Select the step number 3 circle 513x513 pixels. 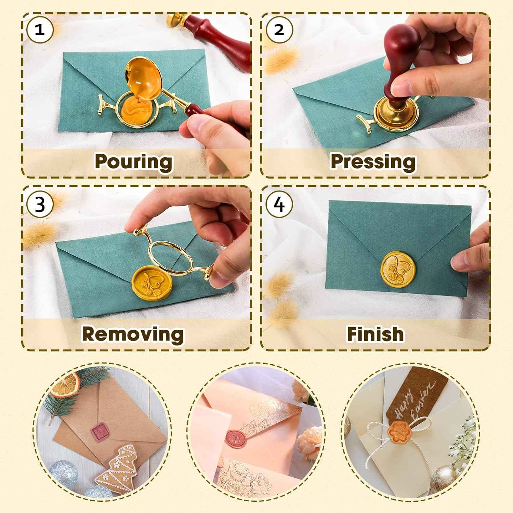[x=40, y=205]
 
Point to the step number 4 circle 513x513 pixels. [x=279, y=205]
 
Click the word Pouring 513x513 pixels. [x=133, y=161]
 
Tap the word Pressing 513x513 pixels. [x=373, y=161]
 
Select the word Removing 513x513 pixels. [x=133, y=334]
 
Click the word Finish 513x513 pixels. [x=375, y=334]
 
